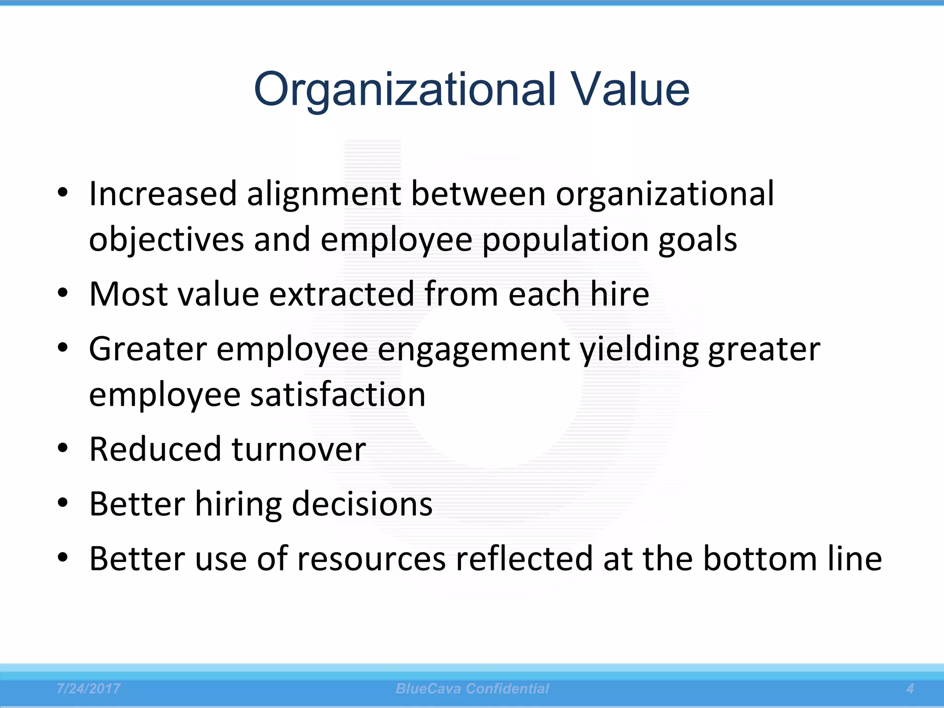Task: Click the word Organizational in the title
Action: pos(405,90)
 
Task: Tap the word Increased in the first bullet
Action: pos(163,194)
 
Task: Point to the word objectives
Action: pos(166,240)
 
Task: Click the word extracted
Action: pos(342,294)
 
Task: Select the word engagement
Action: pos(474,349)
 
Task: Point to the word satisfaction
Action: pos(338,395)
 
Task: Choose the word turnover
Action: pos(299,449)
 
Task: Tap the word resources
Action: pos(372,559)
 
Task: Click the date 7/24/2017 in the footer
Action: pos(88,689)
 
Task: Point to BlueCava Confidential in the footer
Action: pos(472,689)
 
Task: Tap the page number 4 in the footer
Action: pos(910,689)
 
